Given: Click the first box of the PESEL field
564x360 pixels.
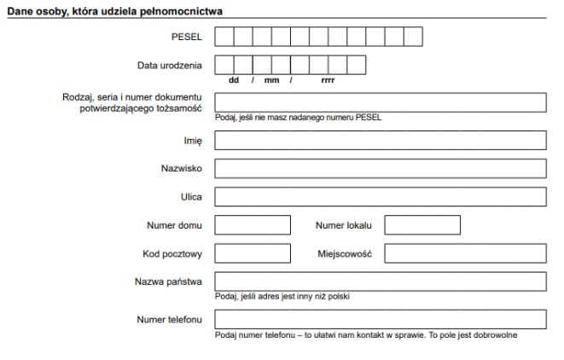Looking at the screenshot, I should pyautogui.click(x=224, y=37).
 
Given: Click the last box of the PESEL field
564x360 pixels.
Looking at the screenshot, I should pyautogui.click(x=414, y=37).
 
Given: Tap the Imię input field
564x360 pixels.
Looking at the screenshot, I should pyautogui.click(x=380, y=140).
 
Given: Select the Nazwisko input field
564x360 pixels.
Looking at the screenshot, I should pyautogui.click(x=380, y=168).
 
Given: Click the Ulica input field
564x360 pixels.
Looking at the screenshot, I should pyautogui.click(x=380, y=197).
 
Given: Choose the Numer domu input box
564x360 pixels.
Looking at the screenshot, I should pyautogui.click(x=252, y=225).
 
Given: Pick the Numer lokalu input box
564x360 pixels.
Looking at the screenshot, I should pyautogui.click(x=422, y=225).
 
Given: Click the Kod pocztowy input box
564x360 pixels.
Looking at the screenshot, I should pyautogui.click(x=252, y=253).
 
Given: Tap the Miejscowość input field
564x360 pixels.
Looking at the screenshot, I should pyautogui.click(x=465, y=253).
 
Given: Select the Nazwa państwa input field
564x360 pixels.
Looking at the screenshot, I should pyautogui.click(x=380, y=282).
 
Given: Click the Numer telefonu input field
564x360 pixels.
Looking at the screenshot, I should pyautogui.click(x=380, y=319).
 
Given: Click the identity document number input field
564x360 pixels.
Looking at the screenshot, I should pyautogui.click(x=380, y=102).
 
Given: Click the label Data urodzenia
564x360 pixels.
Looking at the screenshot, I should pyautogui.click(x=170, y=65).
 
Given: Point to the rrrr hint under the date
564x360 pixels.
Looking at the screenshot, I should pyautogui.click(x=328, y=80).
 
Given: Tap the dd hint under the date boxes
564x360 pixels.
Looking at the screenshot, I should pyautogui.click(x=234, y=80).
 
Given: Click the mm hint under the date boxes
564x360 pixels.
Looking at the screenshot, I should pyautogui.click(x=271, y=80).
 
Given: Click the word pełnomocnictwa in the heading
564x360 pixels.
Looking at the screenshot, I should pyautogui.click(x=180, y=10).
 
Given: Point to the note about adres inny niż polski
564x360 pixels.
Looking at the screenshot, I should pyautogui.click(x=282, y=297).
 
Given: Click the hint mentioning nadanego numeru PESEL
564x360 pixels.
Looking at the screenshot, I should pyautogui.click(x=298, y=118).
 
